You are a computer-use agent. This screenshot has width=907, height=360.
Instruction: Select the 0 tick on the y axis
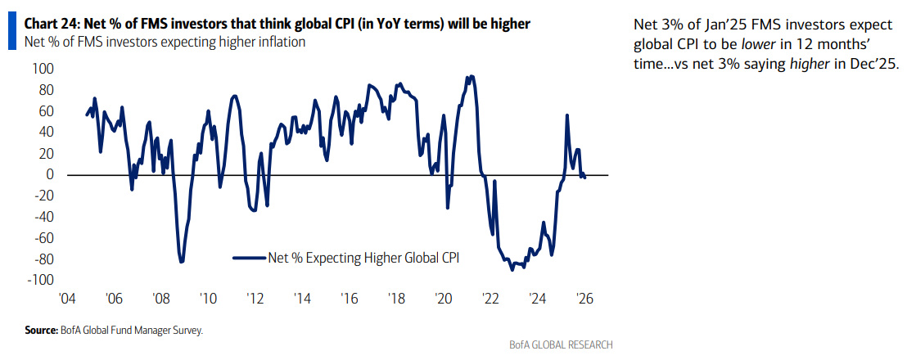49,174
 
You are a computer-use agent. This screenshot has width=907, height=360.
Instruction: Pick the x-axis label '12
255,299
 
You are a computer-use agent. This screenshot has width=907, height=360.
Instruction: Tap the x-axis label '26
584,299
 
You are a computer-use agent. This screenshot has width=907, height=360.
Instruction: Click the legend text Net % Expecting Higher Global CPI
363,258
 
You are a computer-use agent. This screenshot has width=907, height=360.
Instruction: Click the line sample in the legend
250,258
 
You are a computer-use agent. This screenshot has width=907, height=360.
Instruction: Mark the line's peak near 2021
470,76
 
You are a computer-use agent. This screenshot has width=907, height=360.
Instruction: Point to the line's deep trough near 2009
181,262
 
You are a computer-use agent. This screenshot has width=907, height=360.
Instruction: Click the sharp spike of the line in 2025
566,115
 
